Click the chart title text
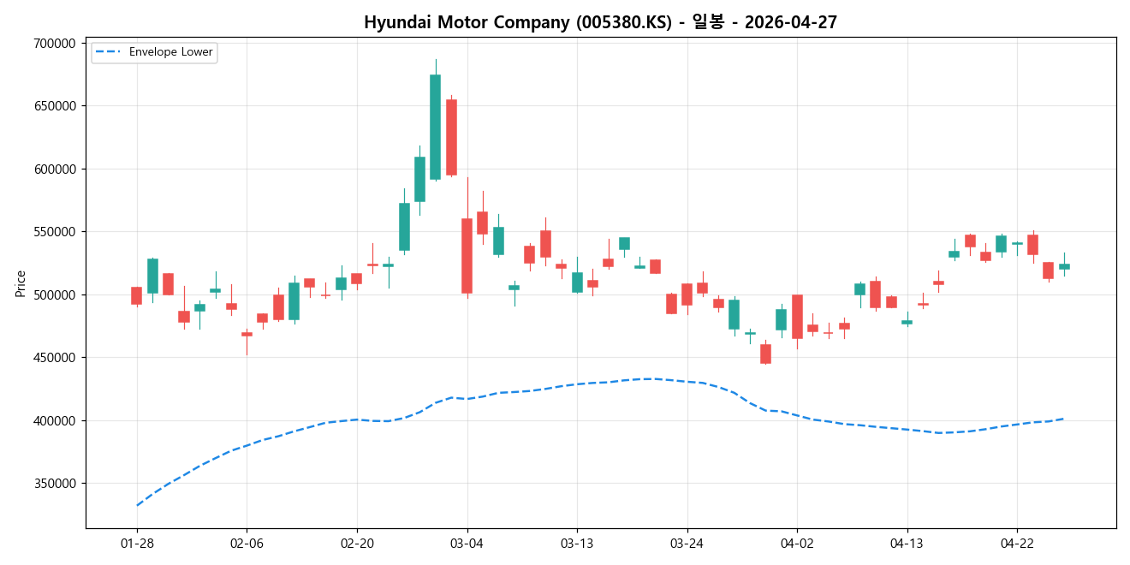click(x=600, y=23)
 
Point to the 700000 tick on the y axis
click(x=54, y=44)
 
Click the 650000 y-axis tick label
click(x=54, y=106)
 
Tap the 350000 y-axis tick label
click(x=54, y=484)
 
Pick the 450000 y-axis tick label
click(x=54, y=358)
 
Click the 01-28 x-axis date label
click(x=137, y=544)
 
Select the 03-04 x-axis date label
click(x=467, y=544)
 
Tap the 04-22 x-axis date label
click(x=1017, y=544)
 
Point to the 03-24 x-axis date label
click(x=687, y=544)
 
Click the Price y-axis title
click(x=21, y=283)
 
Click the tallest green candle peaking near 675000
click(x=435, y=127)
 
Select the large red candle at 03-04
click(x=467, y=256)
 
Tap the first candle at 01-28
click(x=136, y=295)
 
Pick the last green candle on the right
click(x=1064, y=266)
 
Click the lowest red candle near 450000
click(x=765, y=354)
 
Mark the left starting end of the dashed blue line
click(x=137, y=505)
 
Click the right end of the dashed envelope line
click(x=1063, y=419)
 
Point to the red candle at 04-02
click(x=797, y=317)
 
